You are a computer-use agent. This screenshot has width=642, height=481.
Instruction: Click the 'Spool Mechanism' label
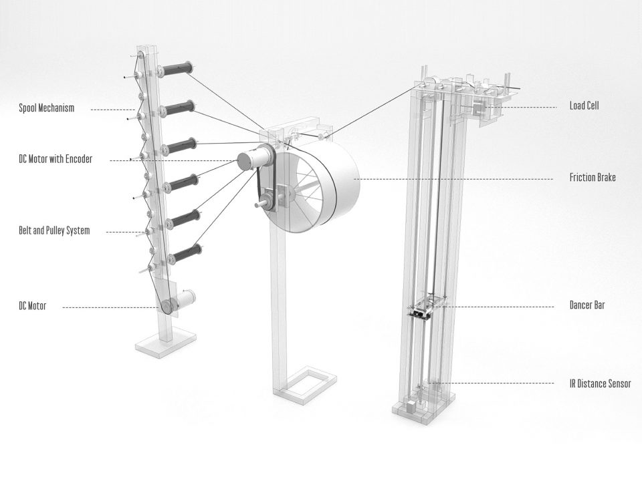click(47, 108)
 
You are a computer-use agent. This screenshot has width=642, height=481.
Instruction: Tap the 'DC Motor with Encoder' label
click(56, 159)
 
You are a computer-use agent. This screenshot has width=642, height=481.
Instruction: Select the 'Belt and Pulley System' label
click(54, 230)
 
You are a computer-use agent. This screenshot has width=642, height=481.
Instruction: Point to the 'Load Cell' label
click(584, 106)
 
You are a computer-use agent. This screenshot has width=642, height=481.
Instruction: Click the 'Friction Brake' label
click(593, 177)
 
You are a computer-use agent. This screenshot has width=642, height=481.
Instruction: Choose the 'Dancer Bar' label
click(587, 305)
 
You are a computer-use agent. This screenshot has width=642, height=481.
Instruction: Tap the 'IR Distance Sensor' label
click(601, 383)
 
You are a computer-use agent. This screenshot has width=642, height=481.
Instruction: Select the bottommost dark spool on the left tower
click(185, 254)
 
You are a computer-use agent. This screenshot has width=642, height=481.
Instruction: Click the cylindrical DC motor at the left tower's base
click(185, 299)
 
